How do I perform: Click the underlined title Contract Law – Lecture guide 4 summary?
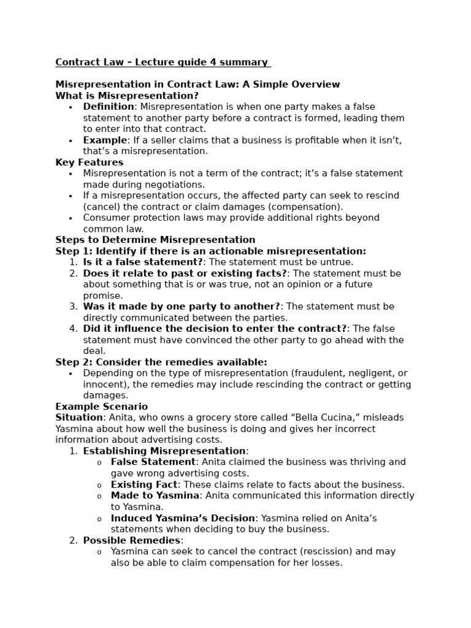point(162,62)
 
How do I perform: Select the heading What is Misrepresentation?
point(127,96)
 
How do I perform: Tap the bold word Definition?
point(109,107)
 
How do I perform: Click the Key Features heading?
point(89,163)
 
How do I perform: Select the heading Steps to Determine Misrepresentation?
point(155,240)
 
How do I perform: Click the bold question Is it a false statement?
point(143,262)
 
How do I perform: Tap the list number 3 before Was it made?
point(73,307)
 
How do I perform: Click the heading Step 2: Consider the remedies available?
point(161,362)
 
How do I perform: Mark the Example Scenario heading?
point(101,407)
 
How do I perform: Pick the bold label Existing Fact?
point(144,484)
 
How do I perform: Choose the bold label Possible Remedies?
point(132,540)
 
